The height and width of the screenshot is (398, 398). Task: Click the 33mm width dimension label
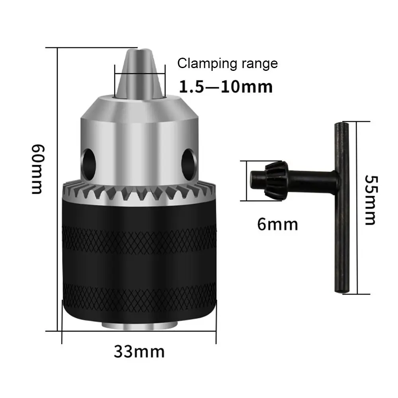[x=139, y=351]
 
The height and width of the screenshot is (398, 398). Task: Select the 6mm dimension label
[x=277, y=224]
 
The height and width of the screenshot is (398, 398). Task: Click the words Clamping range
[x=227, y=63]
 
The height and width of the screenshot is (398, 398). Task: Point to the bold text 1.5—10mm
[x=226, y=86]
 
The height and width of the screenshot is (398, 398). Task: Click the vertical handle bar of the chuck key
[x=340, y=209]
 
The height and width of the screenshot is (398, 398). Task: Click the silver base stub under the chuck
[x=139, y=325]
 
